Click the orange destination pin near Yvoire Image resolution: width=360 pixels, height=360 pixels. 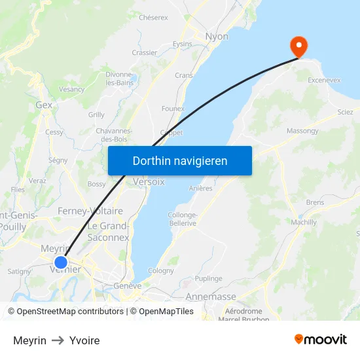point(298,46)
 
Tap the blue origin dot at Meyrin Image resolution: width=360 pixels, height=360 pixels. point(61,262)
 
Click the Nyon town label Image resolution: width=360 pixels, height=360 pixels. point(217,37)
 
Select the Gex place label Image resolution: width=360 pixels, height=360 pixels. point(44,105)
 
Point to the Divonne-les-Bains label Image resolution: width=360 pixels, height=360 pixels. point(120,79)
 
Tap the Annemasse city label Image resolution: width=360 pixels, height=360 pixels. point(211,297)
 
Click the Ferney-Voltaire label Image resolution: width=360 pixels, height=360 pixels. point(90,211)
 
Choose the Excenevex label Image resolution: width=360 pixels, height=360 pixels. point(324,80)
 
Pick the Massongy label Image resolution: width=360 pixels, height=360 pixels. point(302,131)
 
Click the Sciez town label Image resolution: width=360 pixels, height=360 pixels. point(345,112)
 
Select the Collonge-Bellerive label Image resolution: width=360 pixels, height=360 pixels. point(183,219)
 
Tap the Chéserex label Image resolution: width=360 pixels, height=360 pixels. point(153,18)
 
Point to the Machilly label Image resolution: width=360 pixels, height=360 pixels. point(304,223)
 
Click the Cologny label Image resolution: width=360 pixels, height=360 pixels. point(161,270)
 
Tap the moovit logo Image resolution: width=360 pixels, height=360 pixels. point(321,339)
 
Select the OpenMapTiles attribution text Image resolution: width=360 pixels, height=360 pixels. point(166,312)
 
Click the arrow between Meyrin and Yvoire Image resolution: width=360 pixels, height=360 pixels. point(58,340)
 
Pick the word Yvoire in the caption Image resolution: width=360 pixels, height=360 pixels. point(84,340)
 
